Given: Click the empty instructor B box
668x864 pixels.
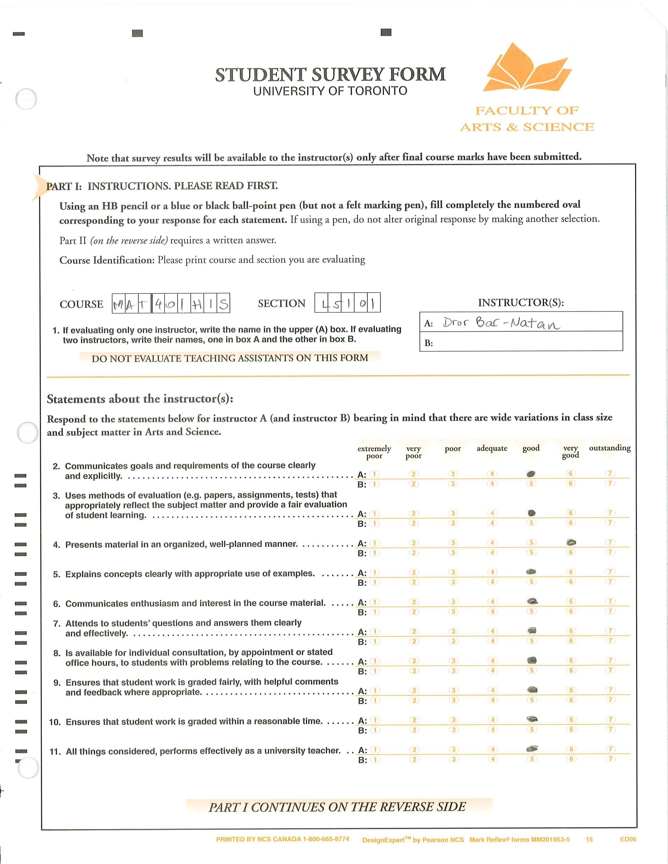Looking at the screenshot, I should (526, 342).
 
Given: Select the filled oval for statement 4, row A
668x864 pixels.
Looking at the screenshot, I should (571, 542).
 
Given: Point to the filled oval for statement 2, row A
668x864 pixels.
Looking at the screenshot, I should (532, 474).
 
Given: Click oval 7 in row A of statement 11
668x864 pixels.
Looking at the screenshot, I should (611, 749).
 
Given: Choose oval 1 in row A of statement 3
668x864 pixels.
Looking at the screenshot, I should (374, 513).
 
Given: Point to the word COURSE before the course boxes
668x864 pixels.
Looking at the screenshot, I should (81, 304).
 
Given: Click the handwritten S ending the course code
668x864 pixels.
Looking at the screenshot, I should (224, 304).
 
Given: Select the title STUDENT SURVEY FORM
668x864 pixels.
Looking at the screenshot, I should (330, 74).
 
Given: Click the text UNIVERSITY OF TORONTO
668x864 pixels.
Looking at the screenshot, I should (330, 91).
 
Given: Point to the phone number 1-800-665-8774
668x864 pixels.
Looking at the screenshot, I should (326, 839).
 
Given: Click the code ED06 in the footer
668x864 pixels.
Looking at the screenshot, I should (628, 839).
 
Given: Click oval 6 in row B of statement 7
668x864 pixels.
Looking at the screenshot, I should (571, 641).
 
